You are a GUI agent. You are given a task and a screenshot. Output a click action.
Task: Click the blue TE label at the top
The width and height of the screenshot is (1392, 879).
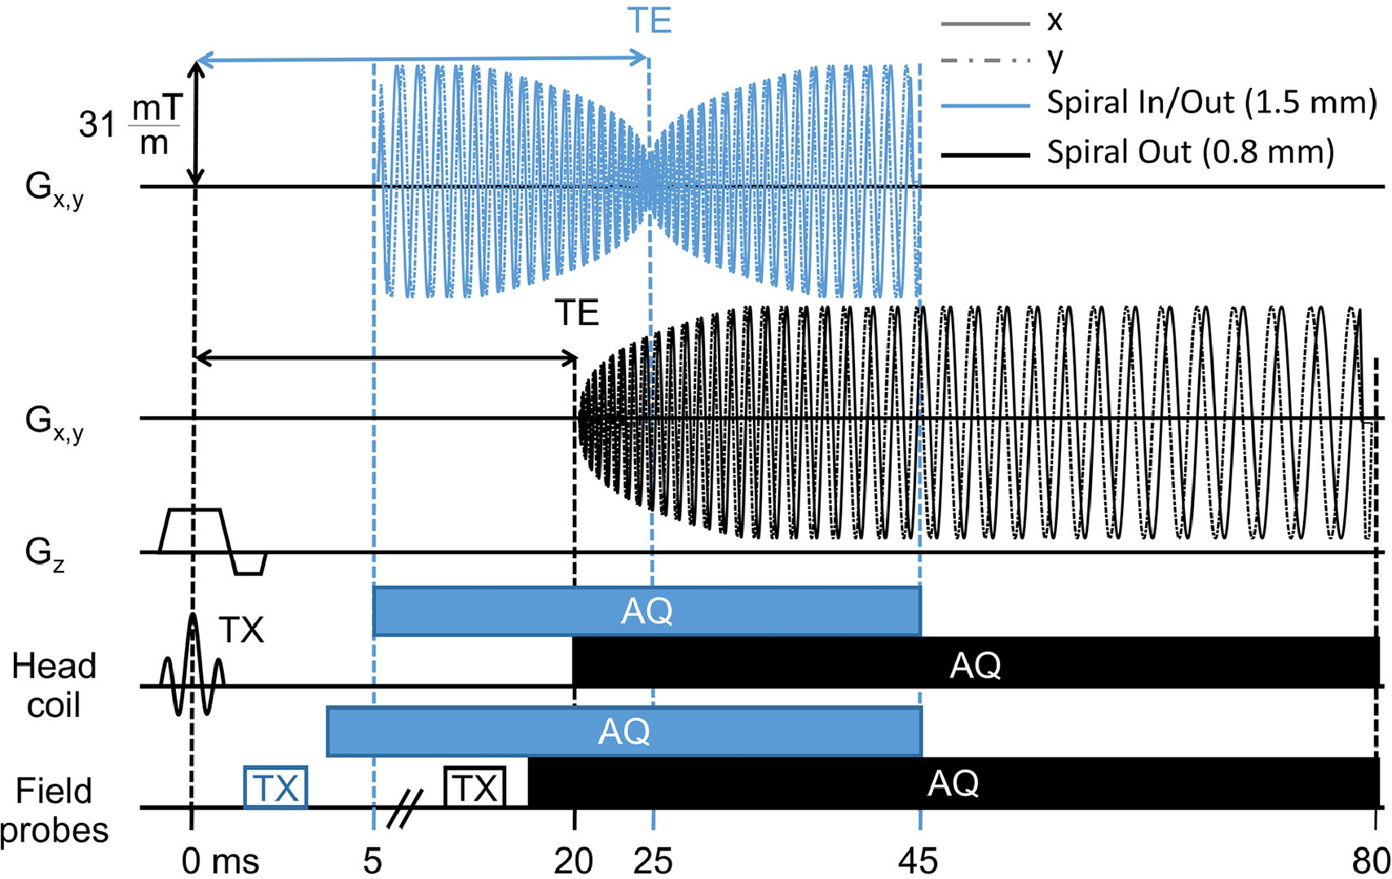(x=650, y=20)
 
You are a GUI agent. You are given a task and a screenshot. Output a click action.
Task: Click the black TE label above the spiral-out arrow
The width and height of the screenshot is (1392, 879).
(x=577, y=313)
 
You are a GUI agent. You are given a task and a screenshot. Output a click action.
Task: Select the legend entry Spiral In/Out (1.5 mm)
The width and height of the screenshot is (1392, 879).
(x=1211, y=103)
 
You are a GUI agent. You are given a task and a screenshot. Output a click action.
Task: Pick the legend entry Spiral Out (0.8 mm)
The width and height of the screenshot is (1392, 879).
(x=1190, y=152)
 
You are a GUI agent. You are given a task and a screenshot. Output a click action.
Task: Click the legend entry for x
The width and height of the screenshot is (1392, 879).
(x=1055, y=21)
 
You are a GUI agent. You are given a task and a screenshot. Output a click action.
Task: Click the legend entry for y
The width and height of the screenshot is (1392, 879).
(x=1055, y=59)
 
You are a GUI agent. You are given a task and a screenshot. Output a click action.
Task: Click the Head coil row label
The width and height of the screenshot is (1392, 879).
(x=54, y=684)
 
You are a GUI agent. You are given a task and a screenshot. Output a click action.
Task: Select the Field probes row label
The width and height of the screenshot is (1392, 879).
(x=55, y=811)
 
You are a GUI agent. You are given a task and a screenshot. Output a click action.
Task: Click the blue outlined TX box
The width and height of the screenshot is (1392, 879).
(x=275, y=788)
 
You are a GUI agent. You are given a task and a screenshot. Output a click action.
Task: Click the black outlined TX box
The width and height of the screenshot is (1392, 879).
(x=475, y=788)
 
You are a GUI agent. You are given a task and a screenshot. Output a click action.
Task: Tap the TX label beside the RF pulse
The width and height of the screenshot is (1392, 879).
(x=241, y=630)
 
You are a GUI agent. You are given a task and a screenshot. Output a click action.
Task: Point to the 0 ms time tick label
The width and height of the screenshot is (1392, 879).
(x=219, y=860)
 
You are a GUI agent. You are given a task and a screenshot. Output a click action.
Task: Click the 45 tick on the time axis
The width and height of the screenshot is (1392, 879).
(x=918, y=860)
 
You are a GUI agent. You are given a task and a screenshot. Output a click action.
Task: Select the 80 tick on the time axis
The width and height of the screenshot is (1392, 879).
(x=1372, y=860)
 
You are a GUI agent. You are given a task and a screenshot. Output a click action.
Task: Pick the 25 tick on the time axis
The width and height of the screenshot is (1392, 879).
(x=653, y=860)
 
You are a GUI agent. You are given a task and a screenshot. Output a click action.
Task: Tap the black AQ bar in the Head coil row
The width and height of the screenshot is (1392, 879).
(x=975, y=663)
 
